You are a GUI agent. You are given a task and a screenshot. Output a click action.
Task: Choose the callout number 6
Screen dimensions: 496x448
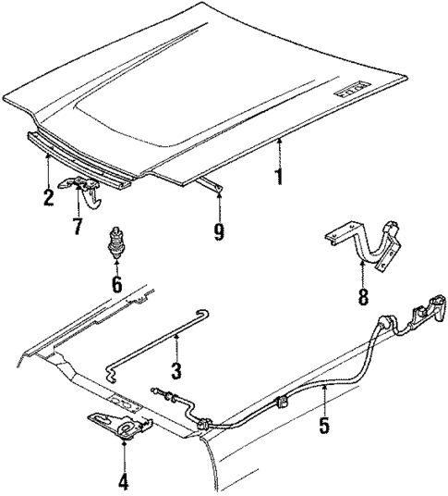(x=116, y=285)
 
